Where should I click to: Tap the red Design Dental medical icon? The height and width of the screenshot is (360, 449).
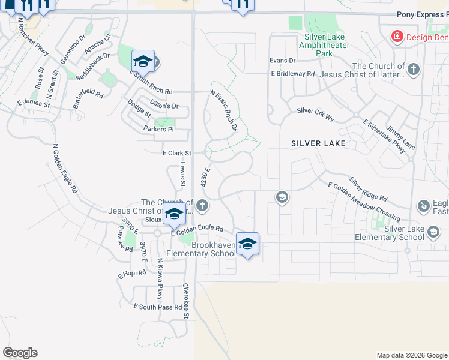click(396, 37)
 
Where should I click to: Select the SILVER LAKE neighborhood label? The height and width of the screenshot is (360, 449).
click(318, 143)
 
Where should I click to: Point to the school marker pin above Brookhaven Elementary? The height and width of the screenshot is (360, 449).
click(247, 244)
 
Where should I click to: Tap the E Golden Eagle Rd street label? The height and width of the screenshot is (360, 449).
click(197, 229)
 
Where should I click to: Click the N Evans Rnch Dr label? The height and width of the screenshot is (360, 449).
click(224, 110)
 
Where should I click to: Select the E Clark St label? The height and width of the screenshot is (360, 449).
click(176, 154)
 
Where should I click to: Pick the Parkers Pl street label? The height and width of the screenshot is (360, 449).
click(158, 129)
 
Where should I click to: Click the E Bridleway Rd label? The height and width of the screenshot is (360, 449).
click(292, 74)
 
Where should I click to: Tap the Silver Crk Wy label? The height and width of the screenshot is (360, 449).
click(315, 111)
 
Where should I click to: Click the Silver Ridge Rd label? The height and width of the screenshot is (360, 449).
click(368, 190)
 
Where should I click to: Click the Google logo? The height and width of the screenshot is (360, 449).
click(20, 353)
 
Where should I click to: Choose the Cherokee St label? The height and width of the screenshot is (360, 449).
click(186, 301)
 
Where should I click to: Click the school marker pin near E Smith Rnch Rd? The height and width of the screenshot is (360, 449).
click(143, 61)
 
